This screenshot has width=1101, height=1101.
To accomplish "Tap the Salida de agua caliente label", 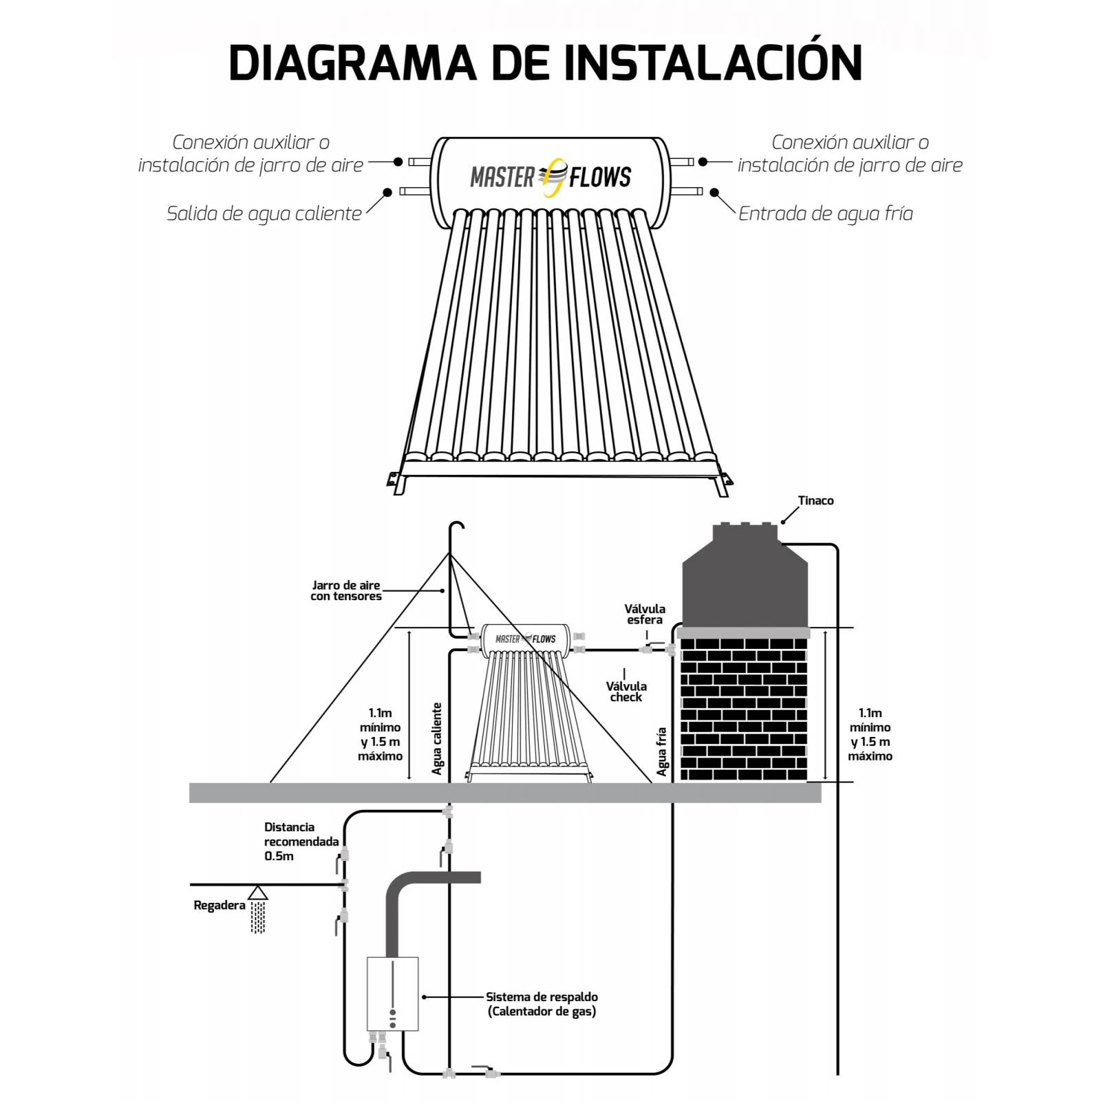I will tap(264, 214).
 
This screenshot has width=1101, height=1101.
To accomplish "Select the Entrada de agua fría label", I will tap(825, 214).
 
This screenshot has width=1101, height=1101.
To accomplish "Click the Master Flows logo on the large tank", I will tap(550, 178).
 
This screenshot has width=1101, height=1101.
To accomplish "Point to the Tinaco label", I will tap(815, 501).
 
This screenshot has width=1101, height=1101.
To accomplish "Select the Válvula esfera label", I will tap(644, 614).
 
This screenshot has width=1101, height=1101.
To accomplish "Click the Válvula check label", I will tap(626, 692).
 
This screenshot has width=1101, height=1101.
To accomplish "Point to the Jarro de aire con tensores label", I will tap(345, 591).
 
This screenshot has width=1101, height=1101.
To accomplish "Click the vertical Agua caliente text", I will tap(437, 738).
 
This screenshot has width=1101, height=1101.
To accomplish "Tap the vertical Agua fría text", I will tap(662, 751).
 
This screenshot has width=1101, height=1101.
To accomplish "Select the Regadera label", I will tap(219, 906).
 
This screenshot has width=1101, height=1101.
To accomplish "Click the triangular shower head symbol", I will tap(258, 892).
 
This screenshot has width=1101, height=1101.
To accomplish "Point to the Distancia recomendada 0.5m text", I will tap(301, 842).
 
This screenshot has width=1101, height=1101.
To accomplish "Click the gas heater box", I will tap(392, 994).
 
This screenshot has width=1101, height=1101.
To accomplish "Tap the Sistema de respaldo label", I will tap(542, 1004).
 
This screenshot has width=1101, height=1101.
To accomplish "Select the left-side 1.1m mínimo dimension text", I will tap(380, 734).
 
